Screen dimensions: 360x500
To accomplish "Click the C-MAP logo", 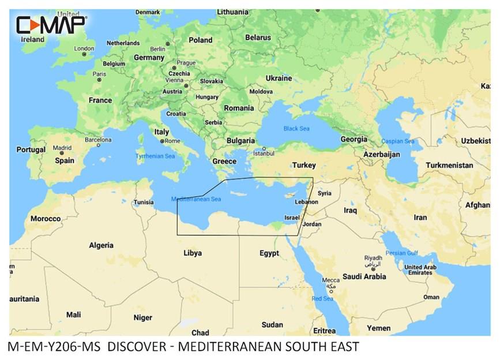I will pos(51,25).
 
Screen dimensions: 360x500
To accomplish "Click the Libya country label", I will pos(192,253).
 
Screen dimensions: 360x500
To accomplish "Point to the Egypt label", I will pos(269,253).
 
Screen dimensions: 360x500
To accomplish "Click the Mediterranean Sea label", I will pos(197,200).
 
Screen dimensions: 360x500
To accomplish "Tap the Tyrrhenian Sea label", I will pos(155,156).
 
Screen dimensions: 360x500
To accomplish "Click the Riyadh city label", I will pos(373,257).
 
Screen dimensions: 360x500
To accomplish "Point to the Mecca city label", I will pos(330,280).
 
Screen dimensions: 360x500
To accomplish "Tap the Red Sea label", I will pos(322,298).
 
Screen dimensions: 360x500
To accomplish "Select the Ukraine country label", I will pos(278,78).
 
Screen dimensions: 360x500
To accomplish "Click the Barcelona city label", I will pos(98,140).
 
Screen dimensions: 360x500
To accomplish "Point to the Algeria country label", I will pos(101,245).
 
